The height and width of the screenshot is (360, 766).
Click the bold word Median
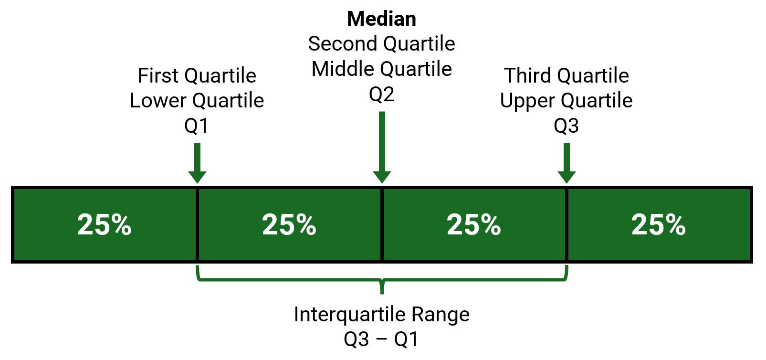[382, 19]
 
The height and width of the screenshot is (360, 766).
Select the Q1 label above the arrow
[196, 126]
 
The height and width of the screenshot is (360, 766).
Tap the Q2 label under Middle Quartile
[382, 95]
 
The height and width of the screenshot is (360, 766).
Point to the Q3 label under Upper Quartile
[567, 126]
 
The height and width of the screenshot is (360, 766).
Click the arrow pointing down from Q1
[197, 163]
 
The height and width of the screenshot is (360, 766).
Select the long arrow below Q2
[382, 148]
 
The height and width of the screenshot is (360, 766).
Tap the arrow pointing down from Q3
[567, 163]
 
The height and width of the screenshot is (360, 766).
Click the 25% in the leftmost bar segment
[105, 225]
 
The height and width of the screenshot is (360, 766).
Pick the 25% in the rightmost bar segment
[659, 225]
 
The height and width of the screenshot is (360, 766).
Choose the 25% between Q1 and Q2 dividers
[289, 225]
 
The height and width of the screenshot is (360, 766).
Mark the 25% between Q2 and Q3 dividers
[474, 225]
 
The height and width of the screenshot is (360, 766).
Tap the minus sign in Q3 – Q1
[382, 340]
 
